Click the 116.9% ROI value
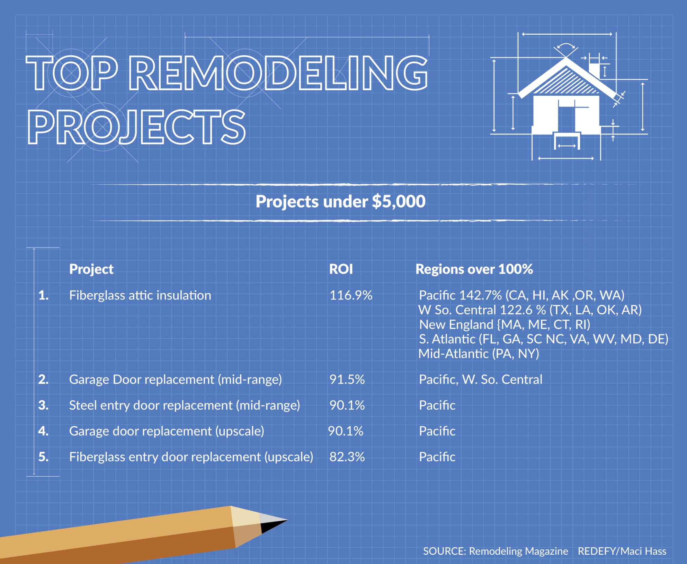point(350,295)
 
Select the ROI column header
point(341,269)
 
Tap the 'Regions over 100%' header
point(474,269)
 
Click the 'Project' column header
point(91,269)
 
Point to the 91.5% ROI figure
point(347,380)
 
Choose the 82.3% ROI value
point(347,457)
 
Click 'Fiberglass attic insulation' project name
point(140,295)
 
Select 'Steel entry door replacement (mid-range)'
point(185,405)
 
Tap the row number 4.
point(43,431)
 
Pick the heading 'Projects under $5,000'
point(340,201)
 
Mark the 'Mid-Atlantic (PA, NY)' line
point(479,354)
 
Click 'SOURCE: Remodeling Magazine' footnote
point(496,551)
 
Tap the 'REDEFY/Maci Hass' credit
point(622,551)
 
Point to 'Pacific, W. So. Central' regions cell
point(481,380)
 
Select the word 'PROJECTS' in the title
point(136,127)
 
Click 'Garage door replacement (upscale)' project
point(167,431)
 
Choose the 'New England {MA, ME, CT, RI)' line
point(505,325)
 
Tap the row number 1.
point(43,295)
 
